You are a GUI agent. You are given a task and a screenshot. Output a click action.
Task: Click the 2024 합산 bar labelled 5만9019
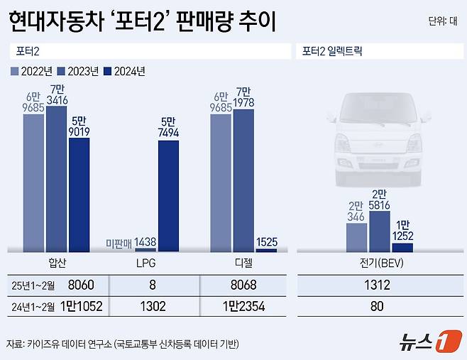point(79,194)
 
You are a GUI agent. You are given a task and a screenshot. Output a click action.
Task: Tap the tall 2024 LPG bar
point(168,195)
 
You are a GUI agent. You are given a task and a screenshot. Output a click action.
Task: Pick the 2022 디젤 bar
point(221,182)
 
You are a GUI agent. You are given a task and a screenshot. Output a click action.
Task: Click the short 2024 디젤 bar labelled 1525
point(266,250)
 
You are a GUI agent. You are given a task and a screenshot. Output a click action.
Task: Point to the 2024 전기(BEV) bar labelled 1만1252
point(402,247)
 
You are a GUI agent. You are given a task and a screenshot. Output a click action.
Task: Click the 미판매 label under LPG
point(119,243)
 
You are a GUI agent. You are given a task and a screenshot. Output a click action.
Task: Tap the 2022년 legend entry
point(33,71)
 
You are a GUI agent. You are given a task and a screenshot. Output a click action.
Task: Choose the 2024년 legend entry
point(125,71)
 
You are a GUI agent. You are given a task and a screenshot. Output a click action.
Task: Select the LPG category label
point(145,263)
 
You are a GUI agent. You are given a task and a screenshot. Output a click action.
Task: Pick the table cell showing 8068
point(244,285)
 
